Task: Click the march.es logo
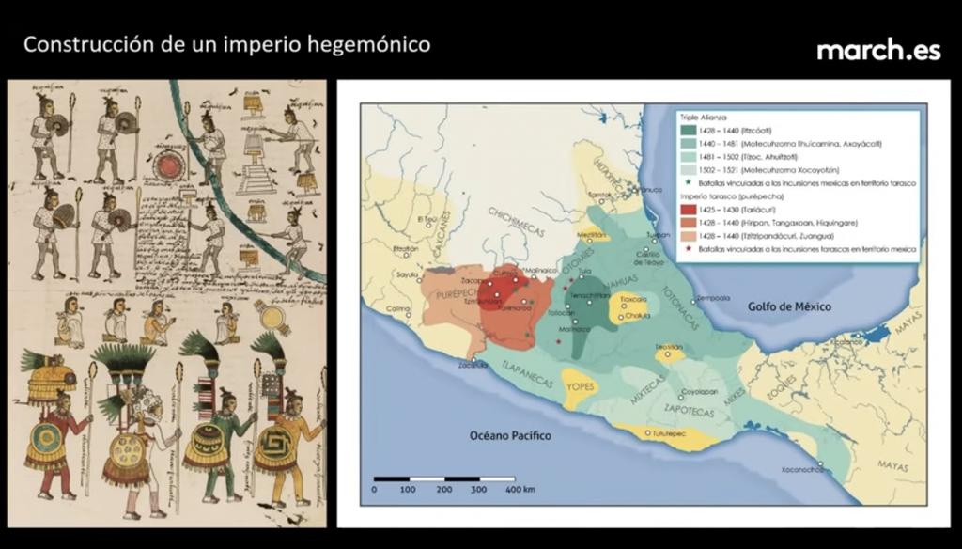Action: (878, 50)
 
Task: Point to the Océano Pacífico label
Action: (510, 436)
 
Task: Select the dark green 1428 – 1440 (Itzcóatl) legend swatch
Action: (689, 129)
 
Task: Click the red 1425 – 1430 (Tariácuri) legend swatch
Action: (689, 210)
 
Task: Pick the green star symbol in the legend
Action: (689, 181)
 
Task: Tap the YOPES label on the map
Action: (580, 384)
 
